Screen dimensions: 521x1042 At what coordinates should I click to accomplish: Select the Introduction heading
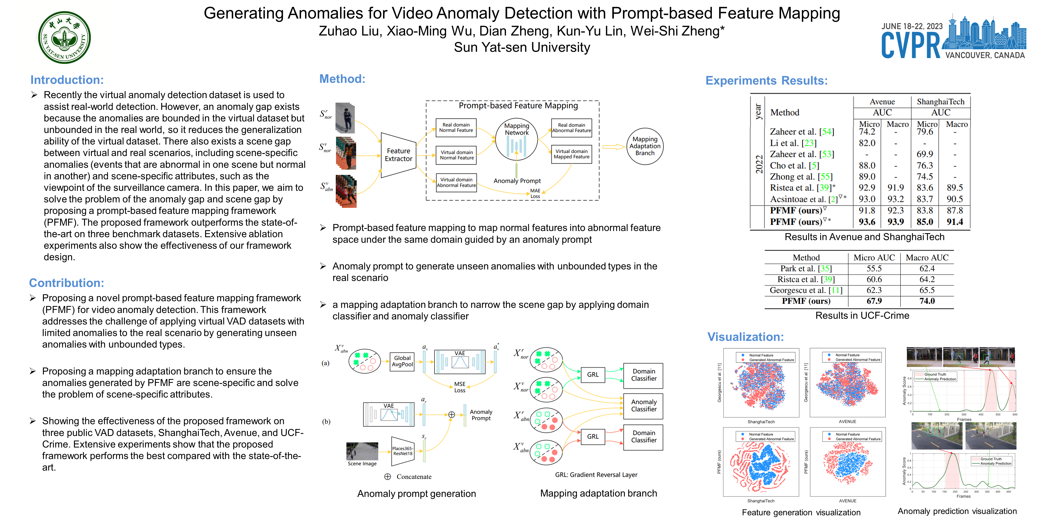coord(67,80)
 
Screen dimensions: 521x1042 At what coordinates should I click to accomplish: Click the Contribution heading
coord(66,283)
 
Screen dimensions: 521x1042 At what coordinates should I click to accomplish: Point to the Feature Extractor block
coord(398,155)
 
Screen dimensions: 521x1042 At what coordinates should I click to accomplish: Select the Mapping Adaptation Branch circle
coord(645,146)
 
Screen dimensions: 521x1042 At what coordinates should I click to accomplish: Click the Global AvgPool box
coord(402,361)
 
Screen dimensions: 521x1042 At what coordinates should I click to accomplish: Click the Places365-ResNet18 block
coord(403,451)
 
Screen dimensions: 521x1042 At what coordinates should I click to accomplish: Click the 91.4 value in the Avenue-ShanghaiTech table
coord(955,222)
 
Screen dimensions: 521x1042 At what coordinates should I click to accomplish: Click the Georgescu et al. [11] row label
coord(806,290)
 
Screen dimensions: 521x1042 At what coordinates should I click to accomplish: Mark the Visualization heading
coord(745,337)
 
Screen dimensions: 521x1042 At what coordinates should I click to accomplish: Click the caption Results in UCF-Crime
coord(862,315)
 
